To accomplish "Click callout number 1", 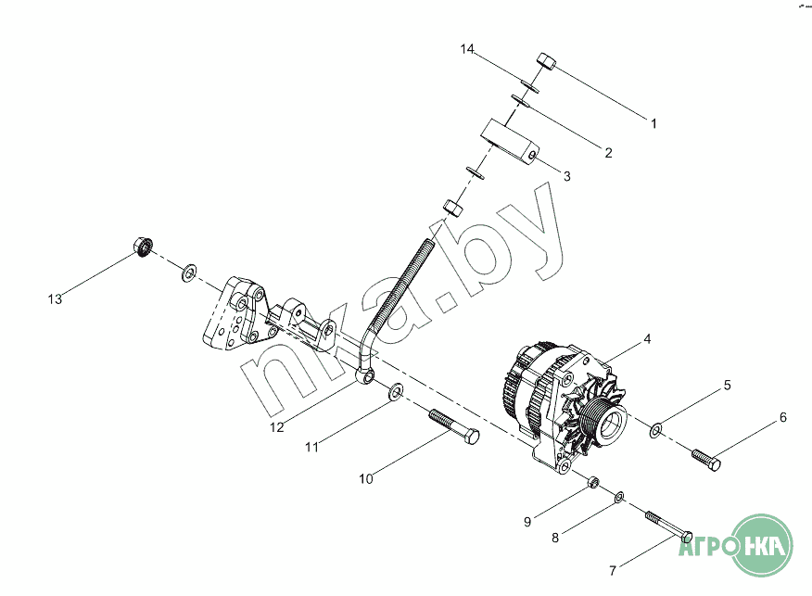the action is tap(653, 122).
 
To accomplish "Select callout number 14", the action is tap(469, 50).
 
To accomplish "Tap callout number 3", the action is tap(566, 175).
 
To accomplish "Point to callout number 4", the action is tap(647, 339).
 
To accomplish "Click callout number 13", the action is tap(56, 298).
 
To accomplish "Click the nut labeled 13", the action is tap(142, 248).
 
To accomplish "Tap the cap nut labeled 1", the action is tap(545, 63).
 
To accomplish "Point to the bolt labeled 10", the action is tap(454, 428).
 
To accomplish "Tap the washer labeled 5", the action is tap(656, 429).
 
